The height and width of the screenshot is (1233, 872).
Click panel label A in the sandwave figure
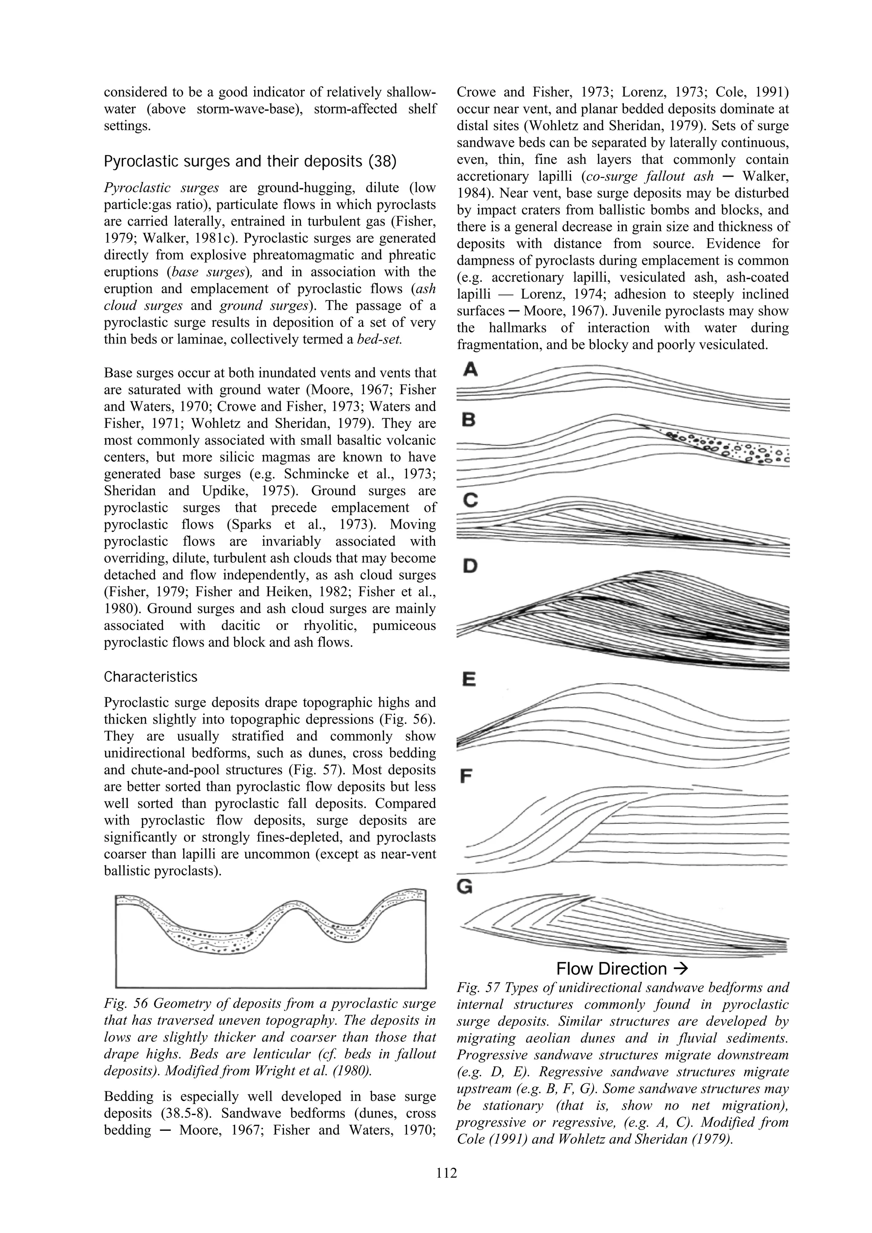tap(470, 369)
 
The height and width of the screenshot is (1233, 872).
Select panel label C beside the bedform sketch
tap(470, 500)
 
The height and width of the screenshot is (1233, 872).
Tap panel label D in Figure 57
tap(470, 566)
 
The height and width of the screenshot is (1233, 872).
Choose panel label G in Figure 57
tap(465, 887)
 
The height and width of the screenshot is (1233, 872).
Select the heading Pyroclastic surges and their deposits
tap(250, 161)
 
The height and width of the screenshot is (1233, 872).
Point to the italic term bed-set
tap(379, 339)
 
